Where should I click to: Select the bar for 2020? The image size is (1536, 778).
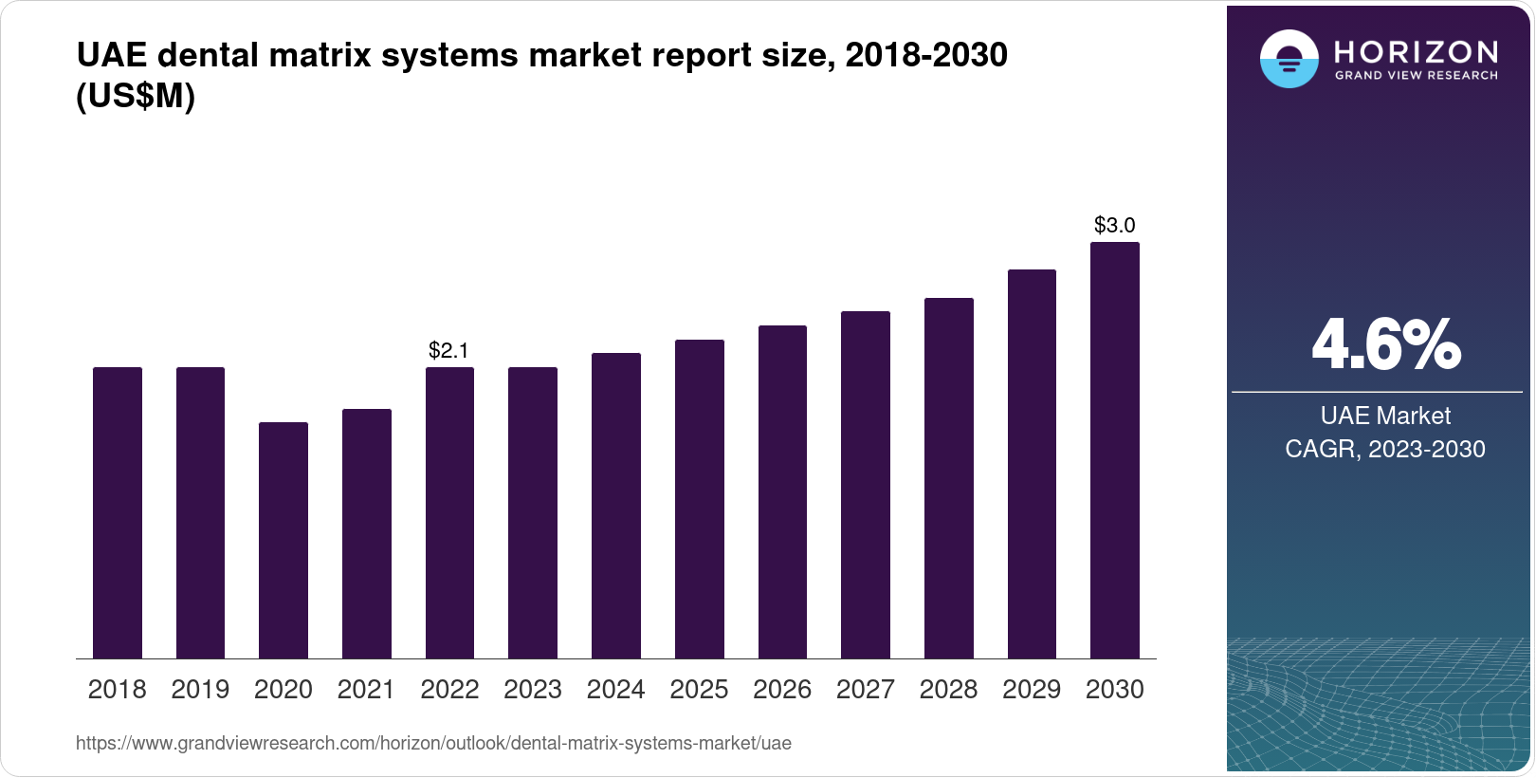click(283, 540)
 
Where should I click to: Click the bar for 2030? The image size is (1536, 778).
click(1114, 450)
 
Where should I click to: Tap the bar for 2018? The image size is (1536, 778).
click(118, 512)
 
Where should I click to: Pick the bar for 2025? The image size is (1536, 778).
click(699, 499)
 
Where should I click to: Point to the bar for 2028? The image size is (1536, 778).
click(948, 478)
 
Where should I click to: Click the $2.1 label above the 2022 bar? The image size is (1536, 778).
click(448, 351)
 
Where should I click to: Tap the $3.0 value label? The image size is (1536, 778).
click(1114, 226)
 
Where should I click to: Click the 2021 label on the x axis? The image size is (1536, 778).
click(366, 690)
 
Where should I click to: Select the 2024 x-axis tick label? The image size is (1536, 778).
click(615, 690)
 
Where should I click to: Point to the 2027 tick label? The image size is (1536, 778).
click(865, 690)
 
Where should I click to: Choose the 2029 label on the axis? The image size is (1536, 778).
click(1031, 690)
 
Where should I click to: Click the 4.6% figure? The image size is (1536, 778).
click(1385, 345)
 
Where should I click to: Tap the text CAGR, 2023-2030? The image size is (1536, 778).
click(1384, 449)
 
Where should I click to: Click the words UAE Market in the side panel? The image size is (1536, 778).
click(1385, 416)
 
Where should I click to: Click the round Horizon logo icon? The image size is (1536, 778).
click(1289, 59)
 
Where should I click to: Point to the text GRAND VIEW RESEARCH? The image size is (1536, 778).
click(1416, 75)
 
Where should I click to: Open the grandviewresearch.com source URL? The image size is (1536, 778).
click(433, 743)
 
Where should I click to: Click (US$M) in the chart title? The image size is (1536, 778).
click(135, 96)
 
